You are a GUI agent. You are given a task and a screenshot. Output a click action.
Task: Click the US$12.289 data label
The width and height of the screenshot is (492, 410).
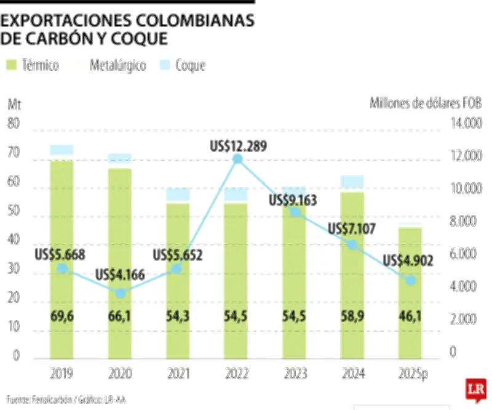(x=239, y=146)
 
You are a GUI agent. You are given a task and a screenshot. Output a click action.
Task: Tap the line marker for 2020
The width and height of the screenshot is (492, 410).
(x=121, y=293)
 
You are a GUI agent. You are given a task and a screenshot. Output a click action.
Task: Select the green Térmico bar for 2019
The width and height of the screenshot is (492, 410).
(x=62, y=259)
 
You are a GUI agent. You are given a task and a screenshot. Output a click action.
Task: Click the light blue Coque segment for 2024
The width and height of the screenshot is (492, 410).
(x=352, y=181)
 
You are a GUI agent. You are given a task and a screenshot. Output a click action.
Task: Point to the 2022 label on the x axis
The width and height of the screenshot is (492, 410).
(x=237, y=374)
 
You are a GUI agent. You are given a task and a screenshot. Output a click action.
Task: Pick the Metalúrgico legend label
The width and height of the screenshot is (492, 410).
(x=117, y=65)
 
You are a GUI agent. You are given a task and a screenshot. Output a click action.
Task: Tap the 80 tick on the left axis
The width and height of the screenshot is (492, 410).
(x=14, y=124)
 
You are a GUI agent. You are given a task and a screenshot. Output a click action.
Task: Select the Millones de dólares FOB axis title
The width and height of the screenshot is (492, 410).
(x=425, y=103)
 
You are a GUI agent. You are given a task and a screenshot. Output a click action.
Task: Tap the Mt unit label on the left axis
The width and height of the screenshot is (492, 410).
(x=14, y=103)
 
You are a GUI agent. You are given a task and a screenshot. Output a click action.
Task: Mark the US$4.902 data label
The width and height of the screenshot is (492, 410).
(x=408, y=260)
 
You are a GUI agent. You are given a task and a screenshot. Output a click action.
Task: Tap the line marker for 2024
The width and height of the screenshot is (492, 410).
(x=352, y=244)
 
